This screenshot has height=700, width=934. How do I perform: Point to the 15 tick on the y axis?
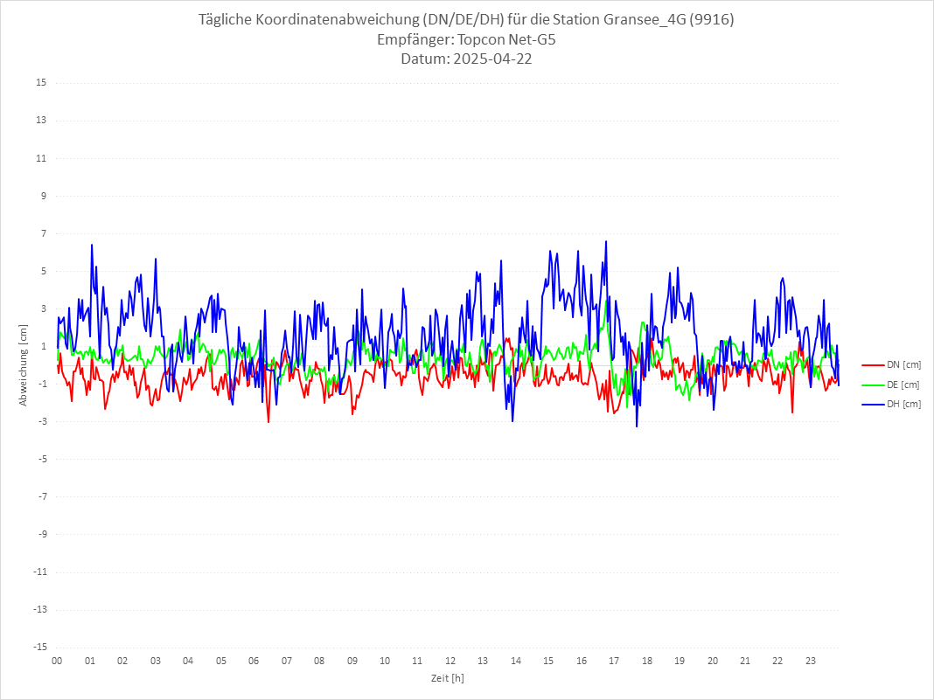(41, 83)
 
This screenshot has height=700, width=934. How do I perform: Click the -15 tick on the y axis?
(39, 647)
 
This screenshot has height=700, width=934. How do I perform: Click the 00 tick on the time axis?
(57, 662)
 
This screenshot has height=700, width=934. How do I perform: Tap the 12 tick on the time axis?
(450, 662)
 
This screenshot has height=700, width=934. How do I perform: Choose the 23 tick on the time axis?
(811, 662)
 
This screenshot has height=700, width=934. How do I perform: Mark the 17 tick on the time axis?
(614, 662)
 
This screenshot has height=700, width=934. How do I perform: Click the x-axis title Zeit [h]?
(447, 678)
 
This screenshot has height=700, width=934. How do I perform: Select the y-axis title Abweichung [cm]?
(23, 365)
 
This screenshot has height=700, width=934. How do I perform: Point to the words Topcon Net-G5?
(499, 40)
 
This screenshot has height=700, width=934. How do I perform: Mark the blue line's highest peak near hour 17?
(605, 241)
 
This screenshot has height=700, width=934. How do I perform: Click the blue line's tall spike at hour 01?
(91, 245)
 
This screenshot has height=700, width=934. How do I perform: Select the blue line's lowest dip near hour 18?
(637, 426)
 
